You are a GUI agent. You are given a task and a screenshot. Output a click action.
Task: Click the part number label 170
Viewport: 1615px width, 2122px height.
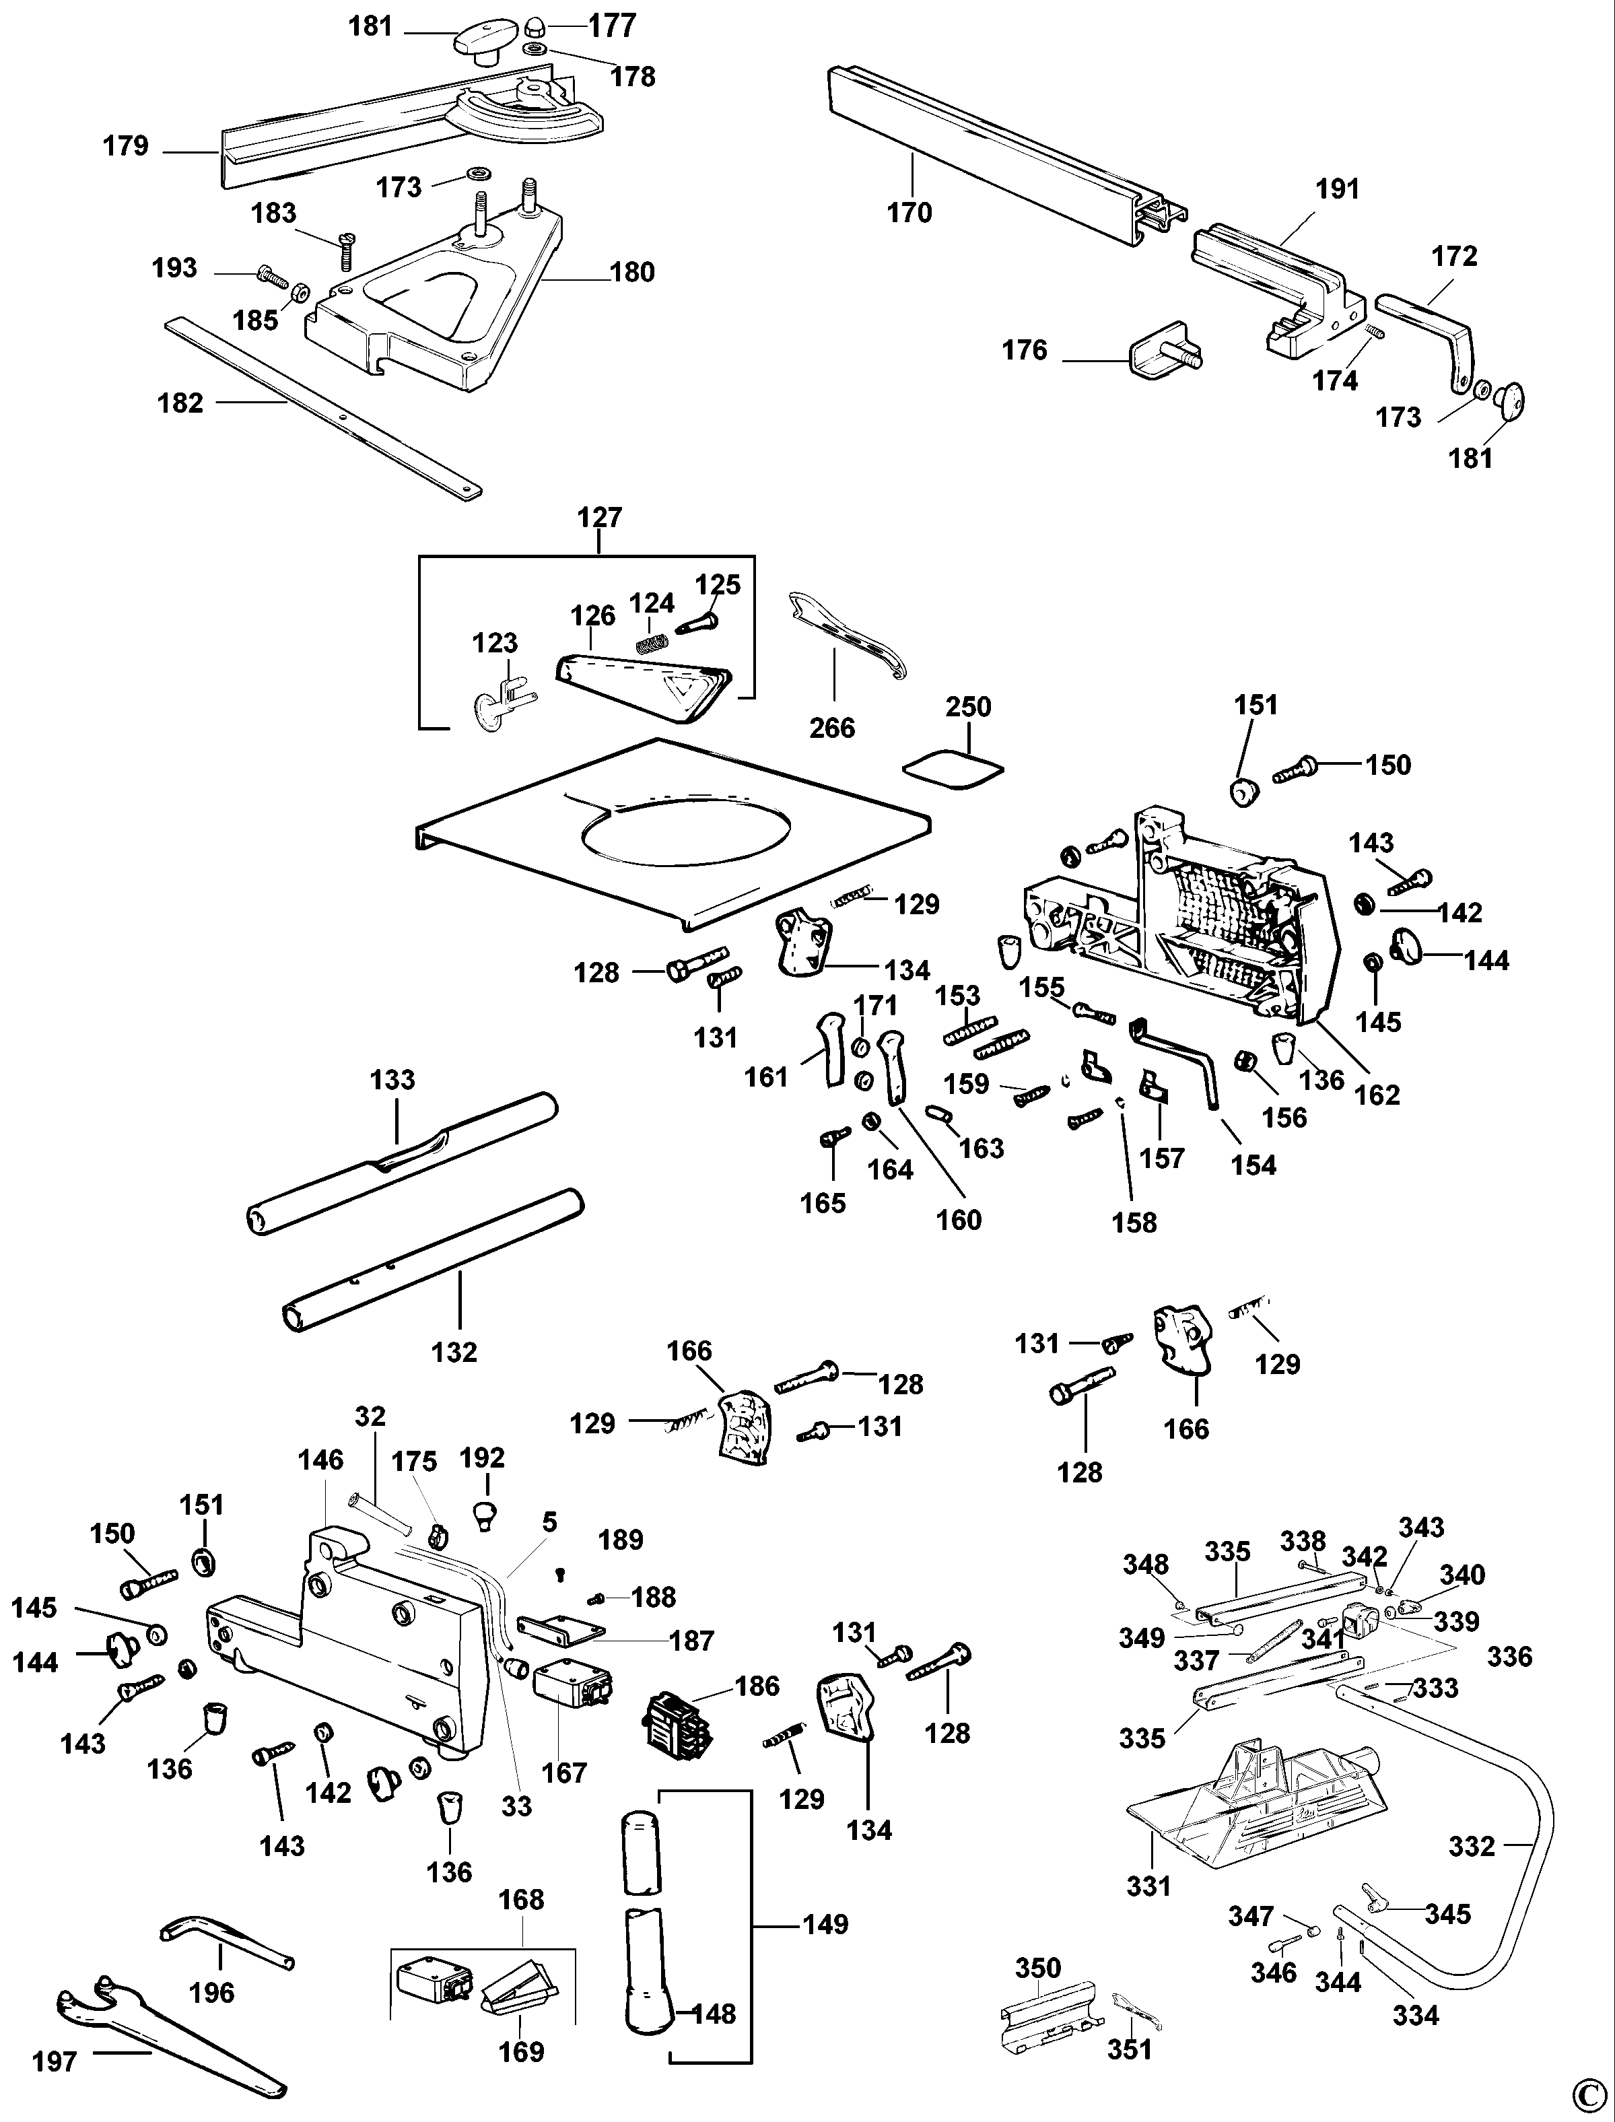[x=909, y=213]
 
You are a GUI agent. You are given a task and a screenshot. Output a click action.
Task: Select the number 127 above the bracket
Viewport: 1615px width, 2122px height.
[x=600, y=517]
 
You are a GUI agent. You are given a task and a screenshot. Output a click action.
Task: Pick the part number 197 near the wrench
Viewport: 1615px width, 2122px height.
[x=55, y=2061]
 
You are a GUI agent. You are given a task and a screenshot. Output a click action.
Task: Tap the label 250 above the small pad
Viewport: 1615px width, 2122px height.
[x=968, y=707]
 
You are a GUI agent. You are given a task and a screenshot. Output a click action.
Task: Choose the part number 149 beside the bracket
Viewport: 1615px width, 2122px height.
[x=826, y=1924]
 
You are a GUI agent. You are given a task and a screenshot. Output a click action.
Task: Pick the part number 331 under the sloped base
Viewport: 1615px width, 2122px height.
[x=1148, y=1886]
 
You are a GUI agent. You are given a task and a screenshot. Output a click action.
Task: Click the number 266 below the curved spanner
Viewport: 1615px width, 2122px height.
[x=831, y=728]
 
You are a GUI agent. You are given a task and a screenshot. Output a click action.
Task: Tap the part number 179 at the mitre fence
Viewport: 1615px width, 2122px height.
[x=126, y=146]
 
